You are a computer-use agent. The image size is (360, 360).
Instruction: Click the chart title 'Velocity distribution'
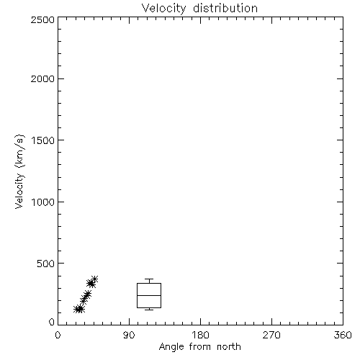[199, 9]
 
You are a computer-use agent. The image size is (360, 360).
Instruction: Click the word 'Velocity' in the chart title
[163, 9]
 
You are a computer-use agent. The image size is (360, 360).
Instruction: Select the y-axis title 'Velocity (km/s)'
[19, 171]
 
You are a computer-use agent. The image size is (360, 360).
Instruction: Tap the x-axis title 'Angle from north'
[200, 347]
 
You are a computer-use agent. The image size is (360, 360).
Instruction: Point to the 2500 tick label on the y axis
[42, 19]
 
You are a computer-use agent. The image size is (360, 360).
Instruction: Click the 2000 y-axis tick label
[42, 78]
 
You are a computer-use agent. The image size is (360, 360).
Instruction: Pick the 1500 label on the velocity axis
[43, 140]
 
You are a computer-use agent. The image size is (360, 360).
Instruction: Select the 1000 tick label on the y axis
[43, 202]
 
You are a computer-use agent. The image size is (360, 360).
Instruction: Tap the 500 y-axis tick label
[46, 264]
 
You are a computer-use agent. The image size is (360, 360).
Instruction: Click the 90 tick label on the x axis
[129, 335]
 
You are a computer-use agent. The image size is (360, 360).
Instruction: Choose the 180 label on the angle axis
[200, 335]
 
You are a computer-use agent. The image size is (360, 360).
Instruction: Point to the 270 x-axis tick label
[271, 335]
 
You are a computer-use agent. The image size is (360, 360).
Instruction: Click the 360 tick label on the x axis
[343, 335]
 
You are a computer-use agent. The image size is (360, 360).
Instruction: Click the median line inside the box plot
[149, 295]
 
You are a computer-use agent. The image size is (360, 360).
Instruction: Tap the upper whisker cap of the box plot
[149, 279]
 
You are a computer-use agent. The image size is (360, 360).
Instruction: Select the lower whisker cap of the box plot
[149, 310]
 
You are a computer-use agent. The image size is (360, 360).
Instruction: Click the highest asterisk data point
[94, 279]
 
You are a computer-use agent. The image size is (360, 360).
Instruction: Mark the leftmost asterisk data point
[78, 309]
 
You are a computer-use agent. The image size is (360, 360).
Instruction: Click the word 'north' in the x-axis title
[229, 347]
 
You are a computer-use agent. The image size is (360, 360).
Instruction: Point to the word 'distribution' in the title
[225, 9]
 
